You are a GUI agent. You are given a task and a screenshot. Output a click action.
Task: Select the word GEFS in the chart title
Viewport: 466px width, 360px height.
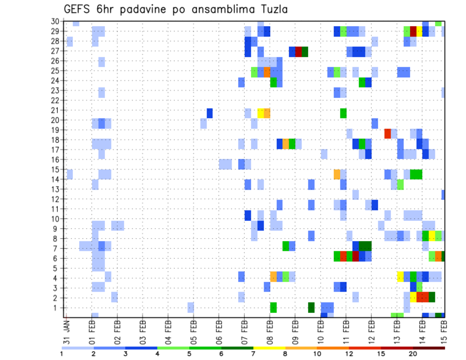[79, 9]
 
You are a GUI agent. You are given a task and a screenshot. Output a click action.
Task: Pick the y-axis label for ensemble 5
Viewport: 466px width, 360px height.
[57, 268]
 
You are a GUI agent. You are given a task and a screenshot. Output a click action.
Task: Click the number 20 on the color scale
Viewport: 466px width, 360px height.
[413, 353]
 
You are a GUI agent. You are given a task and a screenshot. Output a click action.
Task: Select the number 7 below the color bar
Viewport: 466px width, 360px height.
[253, 353]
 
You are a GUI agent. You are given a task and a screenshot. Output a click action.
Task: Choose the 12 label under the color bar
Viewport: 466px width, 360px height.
[349, 353]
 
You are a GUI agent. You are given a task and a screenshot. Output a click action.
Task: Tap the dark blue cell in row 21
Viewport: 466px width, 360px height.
[210, 113]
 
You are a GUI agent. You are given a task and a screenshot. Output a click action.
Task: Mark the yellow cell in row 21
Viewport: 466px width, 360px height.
[261, 113]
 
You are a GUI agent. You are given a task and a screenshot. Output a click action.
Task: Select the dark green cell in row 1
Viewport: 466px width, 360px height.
[311, 307]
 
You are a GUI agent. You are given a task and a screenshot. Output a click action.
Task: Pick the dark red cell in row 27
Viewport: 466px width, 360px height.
[299, 51]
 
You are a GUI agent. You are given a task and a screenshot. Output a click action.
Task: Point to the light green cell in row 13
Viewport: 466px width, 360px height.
[400, 184]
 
